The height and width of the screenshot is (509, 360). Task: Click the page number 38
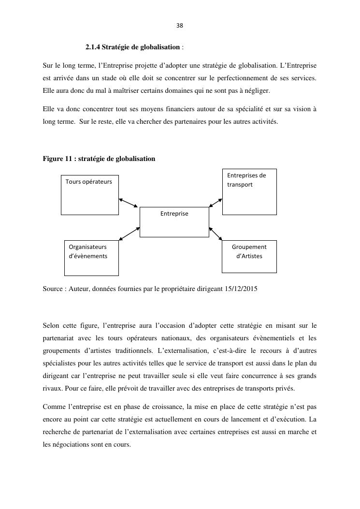pyautogui.click(x=180, y=25)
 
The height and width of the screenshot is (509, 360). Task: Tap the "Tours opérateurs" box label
pyautogui.click(x=89, y=182)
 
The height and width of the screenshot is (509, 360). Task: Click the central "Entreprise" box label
pyautogui.click(x=174, y=213)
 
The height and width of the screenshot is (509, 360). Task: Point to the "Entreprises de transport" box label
pyautogui.click(x=246, y=180)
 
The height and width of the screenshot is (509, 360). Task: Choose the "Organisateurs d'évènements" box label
pyautogui.click(x=88, y=251)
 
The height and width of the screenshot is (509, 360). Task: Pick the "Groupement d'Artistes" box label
pyautogui.click(x=249, y=251)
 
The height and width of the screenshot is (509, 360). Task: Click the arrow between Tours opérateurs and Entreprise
pyautogui.click(x=128, y=203)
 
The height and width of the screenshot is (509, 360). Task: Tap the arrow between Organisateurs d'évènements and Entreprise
pyautogui.click(x=129, y=233)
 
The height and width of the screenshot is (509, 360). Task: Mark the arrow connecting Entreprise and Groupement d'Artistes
pyautogui.click(x=216, y=233)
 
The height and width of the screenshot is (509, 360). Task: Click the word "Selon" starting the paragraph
pyautogui.click(x=52, y=325)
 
